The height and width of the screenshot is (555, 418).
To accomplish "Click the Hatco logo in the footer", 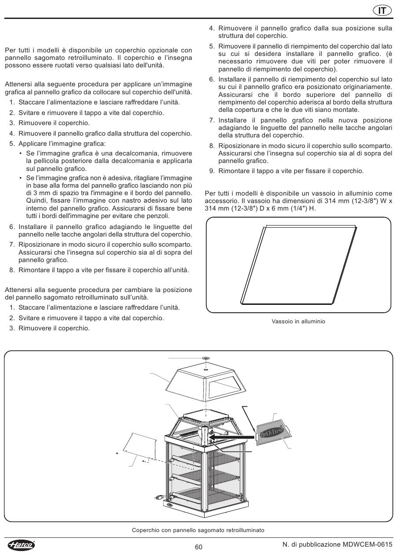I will [21, 545].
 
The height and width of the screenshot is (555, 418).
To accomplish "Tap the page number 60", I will [198, 547].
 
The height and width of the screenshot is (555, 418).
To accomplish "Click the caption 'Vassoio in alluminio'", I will [298, 322].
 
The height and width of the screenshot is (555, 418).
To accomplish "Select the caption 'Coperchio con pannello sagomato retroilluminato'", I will [198, 530].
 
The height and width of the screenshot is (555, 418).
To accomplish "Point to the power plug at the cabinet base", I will [157, 497].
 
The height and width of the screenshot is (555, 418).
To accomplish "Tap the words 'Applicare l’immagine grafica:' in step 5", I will [62, 144].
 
